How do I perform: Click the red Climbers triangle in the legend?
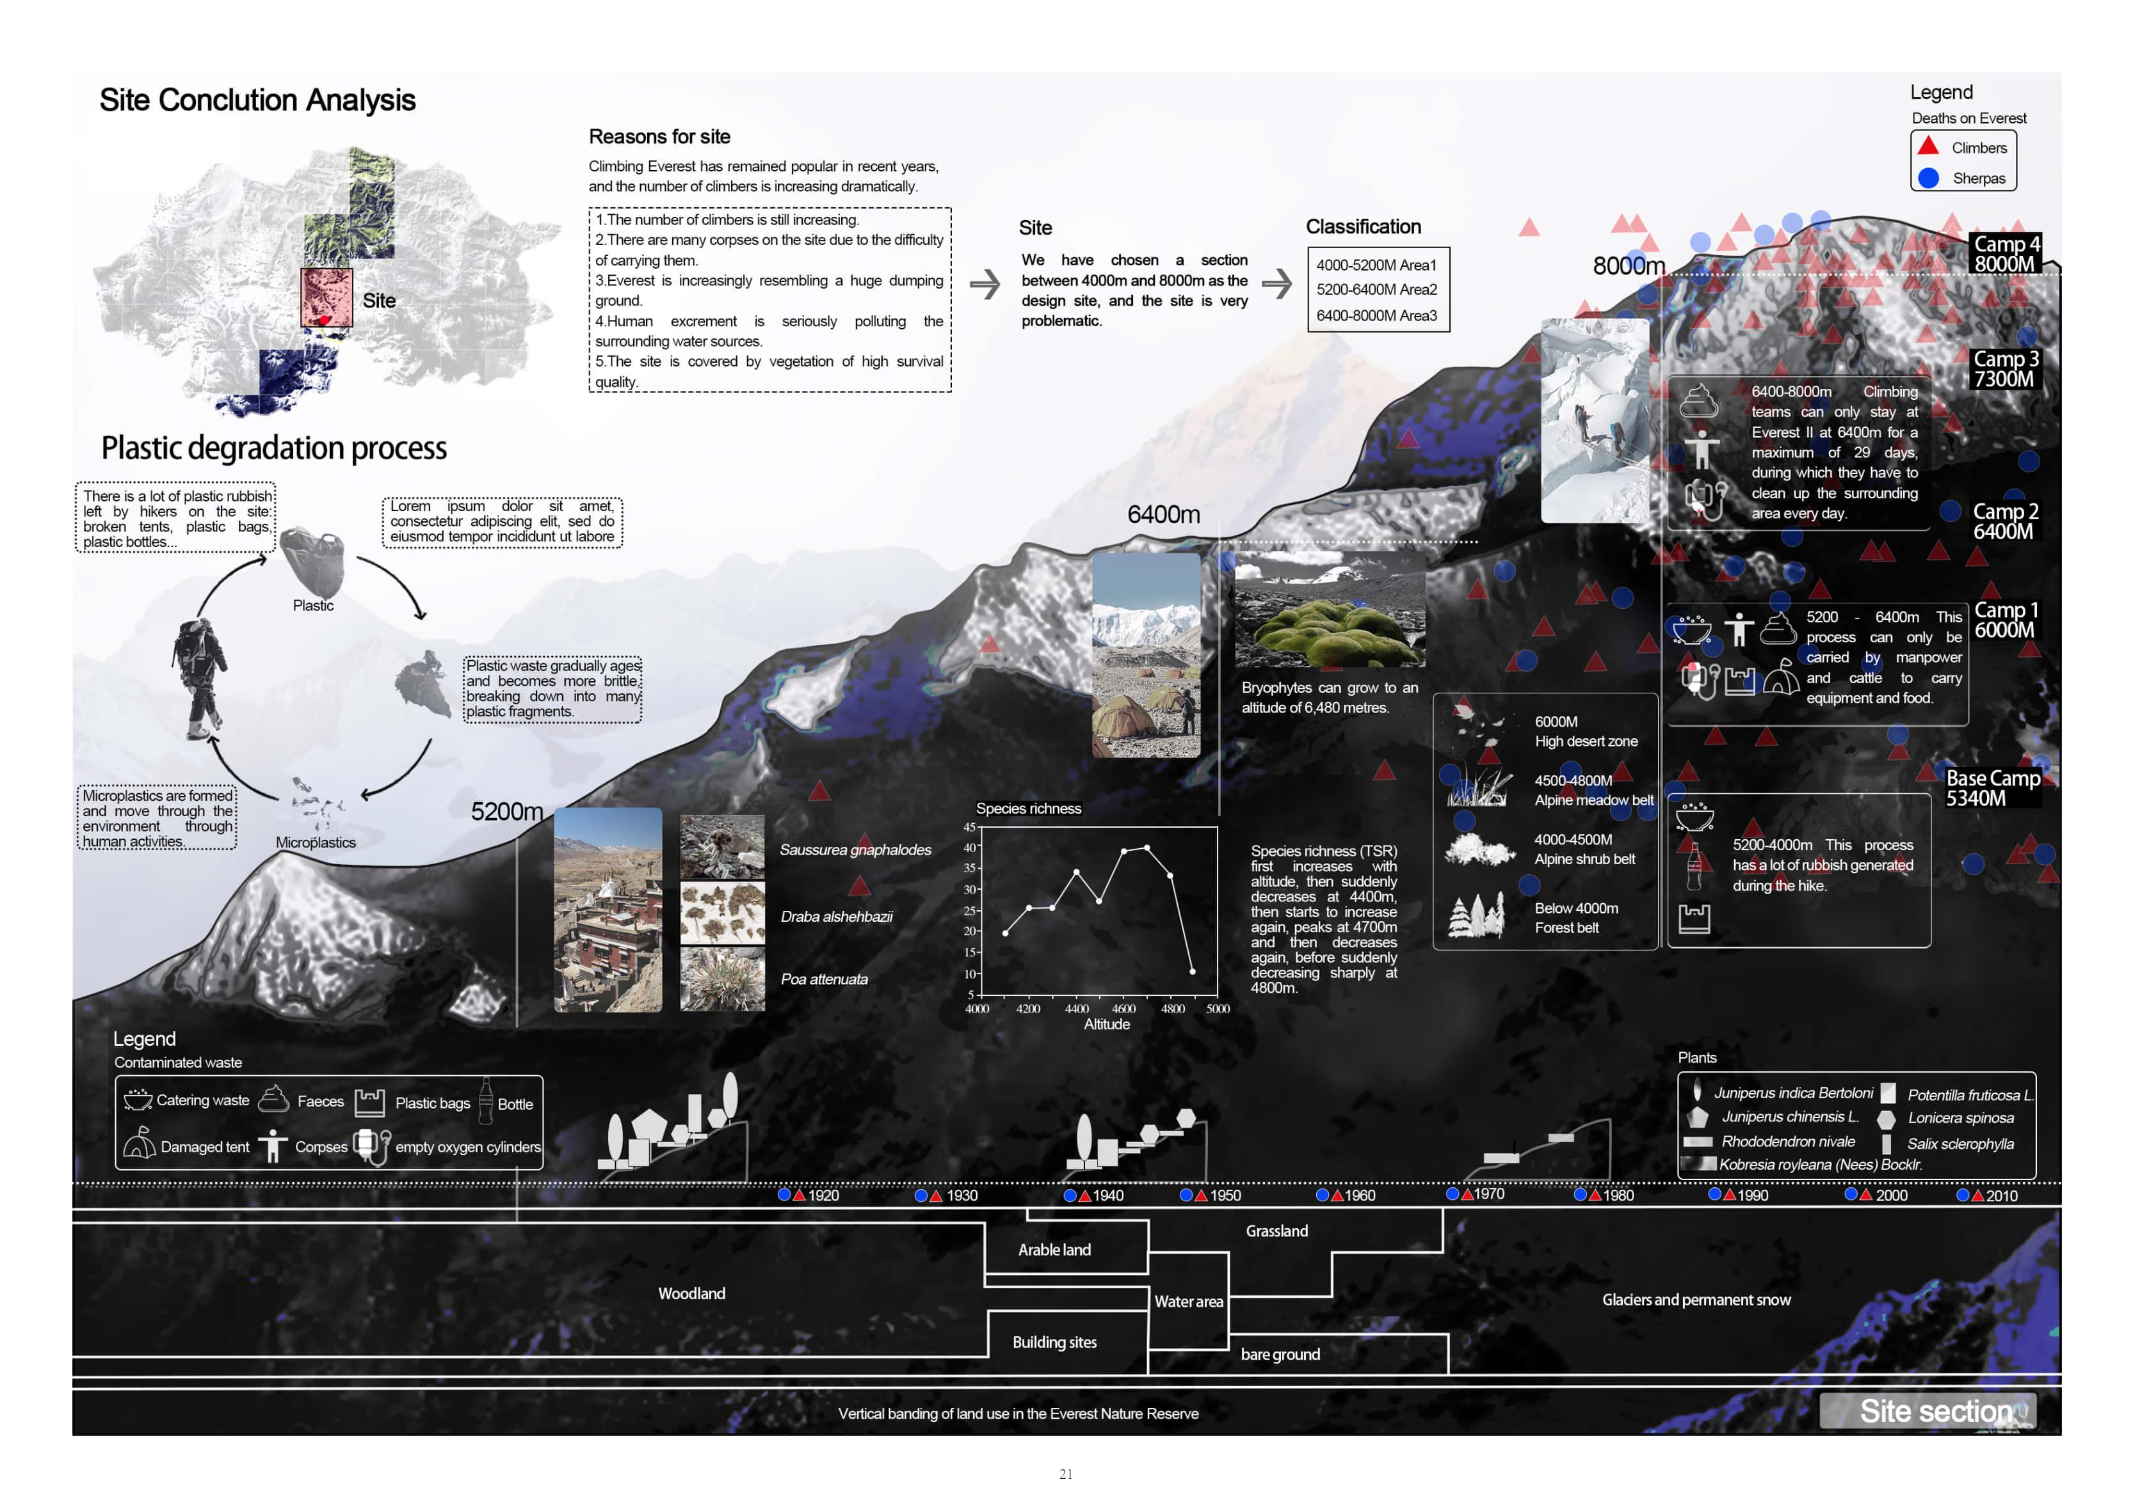(1929, 146)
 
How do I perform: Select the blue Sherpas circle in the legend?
(1929, 177)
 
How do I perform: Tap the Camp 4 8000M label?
(2006, 253)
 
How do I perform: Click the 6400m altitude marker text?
(1163, 514)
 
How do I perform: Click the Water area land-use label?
(1188, 1302)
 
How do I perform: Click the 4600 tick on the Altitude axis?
(1123, 1008)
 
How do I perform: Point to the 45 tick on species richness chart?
(969, 827)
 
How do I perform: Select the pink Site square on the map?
(326, 298)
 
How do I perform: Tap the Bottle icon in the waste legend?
(485, 1101)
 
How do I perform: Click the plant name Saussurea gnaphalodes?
(855, 849)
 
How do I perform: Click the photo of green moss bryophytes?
(1330, 609)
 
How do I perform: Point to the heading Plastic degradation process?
(274, 448)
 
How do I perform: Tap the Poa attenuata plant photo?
(722, 979)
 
